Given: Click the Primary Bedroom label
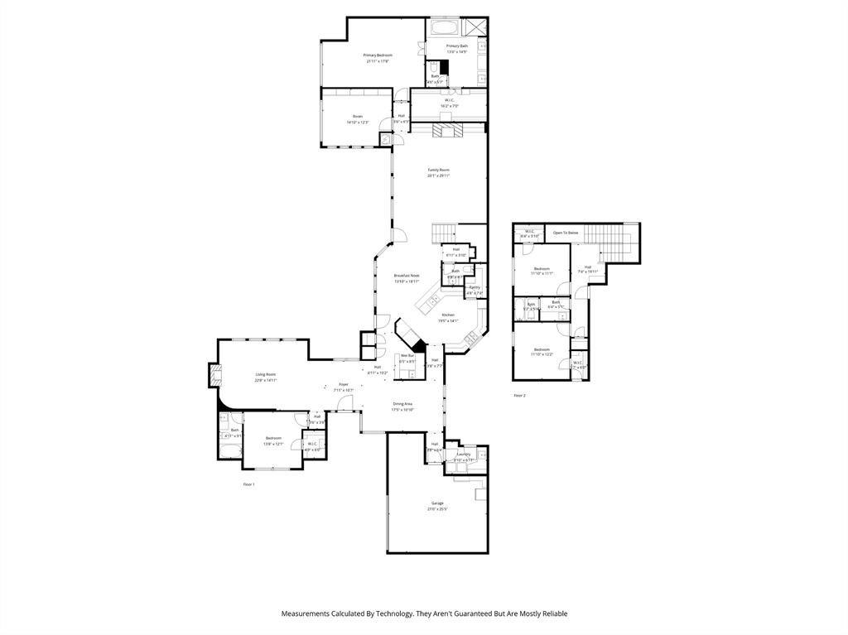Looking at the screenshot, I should click(377, 55).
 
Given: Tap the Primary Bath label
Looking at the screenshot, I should click(456, 46).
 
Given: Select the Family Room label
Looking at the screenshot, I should click(438, 170).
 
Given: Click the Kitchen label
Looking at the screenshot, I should click(447, 315).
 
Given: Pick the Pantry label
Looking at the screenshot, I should click(474, 287).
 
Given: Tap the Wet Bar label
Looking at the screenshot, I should click(407, 356).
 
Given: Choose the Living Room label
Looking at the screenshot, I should click(265, 375).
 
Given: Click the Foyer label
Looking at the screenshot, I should click(344, 385).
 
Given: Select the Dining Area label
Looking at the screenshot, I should click(402, 404).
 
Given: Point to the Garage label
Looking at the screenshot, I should click(436, 503).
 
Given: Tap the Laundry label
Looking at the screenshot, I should click(463, 454).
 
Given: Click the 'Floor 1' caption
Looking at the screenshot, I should click(248, 484).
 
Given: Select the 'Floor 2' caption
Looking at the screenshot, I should click(519, 396).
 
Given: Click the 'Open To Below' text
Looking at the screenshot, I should click(566, 233).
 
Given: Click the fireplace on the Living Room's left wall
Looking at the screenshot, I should click(215, 377).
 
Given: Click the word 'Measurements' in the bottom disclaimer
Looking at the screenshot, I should click(306, 613).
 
